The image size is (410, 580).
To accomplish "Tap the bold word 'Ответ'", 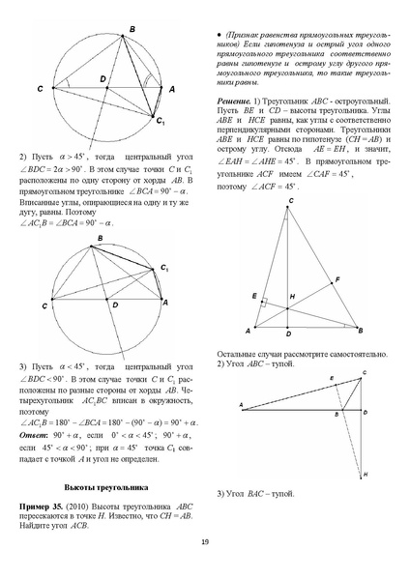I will [34, 436].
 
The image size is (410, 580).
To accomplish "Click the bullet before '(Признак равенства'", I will [220, 35].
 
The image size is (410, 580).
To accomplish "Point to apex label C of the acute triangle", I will [291, 200].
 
